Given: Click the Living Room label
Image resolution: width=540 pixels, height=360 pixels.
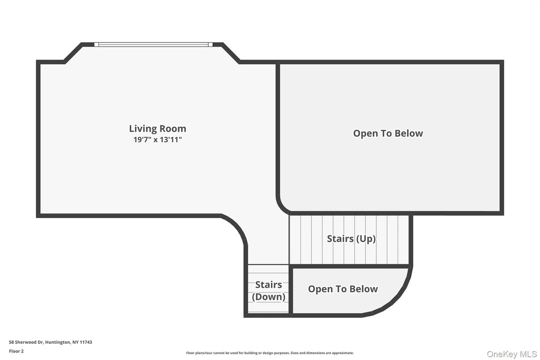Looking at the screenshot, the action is [x=158, y=129].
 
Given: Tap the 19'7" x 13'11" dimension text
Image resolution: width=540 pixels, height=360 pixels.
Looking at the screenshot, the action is [x=158, y=140].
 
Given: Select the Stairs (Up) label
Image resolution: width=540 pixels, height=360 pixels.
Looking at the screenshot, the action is [x=351, y=239].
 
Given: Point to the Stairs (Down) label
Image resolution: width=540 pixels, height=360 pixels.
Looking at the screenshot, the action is [x=269, y=291].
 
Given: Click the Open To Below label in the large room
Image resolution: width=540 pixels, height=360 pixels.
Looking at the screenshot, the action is [x=388, y=133].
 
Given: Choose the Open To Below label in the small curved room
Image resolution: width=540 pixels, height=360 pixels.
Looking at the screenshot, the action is [x=343, y=289].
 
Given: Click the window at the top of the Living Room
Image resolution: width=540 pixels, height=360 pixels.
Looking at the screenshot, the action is [x=153, y=44].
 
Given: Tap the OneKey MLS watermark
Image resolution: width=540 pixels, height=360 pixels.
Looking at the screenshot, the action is [x=512, y=354].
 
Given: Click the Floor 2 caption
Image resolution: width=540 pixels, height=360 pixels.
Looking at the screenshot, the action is [x=17, y=351].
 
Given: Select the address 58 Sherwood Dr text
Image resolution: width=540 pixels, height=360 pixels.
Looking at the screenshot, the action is [x=26, y=342].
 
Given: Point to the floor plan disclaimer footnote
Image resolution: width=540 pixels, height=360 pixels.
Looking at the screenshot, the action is [x=270, y=353].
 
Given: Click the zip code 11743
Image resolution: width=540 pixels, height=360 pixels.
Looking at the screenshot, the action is [x=86, y=342].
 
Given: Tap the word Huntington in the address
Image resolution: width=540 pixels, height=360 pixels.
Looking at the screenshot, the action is [x=58, y=342].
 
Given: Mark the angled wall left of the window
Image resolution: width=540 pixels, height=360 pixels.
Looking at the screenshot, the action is [x=73, y=52].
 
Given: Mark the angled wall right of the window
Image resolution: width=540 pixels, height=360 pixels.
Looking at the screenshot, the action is [x=231, y=53].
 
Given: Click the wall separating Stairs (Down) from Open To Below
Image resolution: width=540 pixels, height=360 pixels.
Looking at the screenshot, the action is [x=291, y=290].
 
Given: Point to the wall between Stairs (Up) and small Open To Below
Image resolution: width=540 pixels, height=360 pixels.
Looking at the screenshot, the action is [x=351, y=266].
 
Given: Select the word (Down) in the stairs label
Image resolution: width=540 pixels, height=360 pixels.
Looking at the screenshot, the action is [x=269, y=297].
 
